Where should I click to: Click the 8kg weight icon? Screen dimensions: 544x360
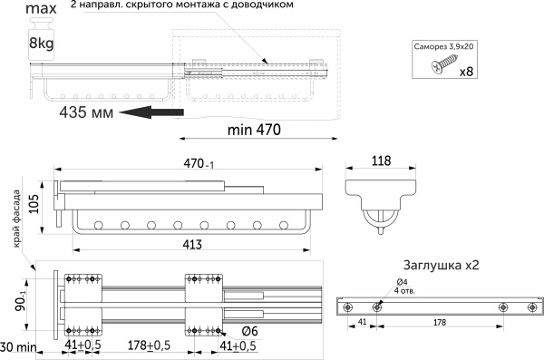click(42, 39)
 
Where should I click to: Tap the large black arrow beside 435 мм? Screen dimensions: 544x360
click(151, 112)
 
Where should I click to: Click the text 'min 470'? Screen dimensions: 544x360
click(254, 130)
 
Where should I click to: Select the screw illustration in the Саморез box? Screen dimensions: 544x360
click(442, 63)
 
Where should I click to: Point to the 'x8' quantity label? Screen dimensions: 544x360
click(466, 72)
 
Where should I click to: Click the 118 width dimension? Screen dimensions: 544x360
click(381, 161)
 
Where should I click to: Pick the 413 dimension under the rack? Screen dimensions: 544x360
click(192, 245)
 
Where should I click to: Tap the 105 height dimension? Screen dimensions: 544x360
click(34, 203)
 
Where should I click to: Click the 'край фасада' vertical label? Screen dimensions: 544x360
click(16, 219)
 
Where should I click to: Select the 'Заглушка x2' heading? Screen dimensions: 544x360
click(441, 265)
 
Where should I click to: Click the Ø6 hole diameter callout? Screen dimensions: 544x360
click(250, 331)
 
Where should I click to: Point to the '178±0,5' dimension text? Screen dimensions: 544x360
click(150, 345)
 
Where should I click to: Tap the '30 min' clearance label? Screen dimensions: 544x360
click(18, 346)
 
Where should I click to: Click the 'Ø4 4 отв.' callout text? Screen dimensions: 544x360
click(404, 287)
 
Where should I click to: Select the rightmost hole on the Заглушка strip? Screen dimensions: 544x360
click(532, 307)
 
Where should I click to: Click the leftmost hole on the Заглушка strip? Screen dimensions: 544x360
click(346, 307)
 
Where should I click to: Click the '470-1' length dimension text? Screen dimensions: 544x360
click(199, 163)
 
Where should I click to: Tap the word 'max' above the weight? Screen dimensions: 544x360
click(41, 8)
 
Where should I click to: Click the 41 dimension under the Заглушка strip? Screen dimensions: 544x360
click(362, 322)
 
